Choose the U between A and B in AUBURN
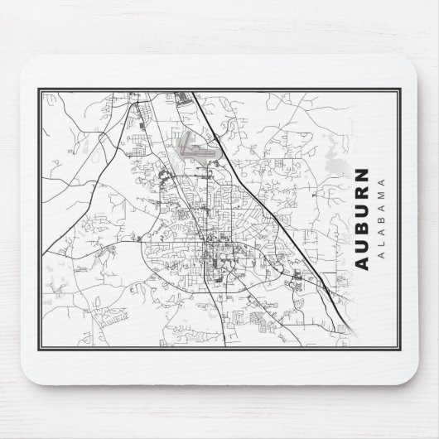pos(364,244)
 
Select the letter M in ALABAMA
pos(382,195)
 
